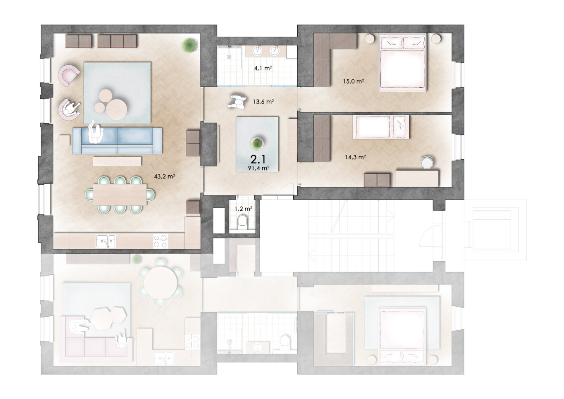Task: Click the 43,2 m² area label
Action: pyautogui.click(x=164, y=177)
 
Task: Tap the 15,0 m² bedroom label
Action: pyautogui.click(x=354, y=81)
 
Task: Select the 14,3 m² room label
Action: pyautogui.click(x=355, y=157)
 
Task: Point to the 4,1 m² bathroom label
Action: pyautogui.click(x=263, y=68)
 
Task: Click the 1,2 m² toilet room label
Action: pyautogui.click(x=243, y=209)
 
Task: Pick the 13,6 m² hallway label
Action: pyautogui.click(x=263, y=102)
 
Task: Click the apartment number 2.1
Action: pyautogui.click(x=258, y=159)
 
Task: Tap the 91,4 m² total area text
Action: pyautogui.click(x=259, y=168)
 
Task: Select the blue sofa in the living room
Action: pyautogui.click(x=117, y=141)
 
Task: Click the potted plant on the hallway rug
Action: pyautogui.click(x=257, y=144)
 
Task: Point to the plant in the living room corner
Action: pyautogui.click(x=189, y=45)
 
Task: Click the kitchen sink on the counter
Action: pyautogui.click(x=106, y=241)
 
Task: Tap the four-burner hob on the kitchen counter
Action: pyautogui.click(x=161, y=241)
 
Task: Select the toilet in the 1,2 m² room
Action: pyautogui.click(x=243, y=222)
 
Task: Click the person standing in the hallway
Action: pyautogui.click(x=237, y=102)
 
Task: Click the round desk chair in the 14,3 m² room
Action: pyautogui.click(x=427, y=162)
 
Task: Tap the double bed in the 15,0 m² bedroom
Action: pyautogui.click(x=402, y=62)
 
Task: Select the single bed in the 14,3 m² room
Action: pyautogui.click(x=381, y=127)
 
